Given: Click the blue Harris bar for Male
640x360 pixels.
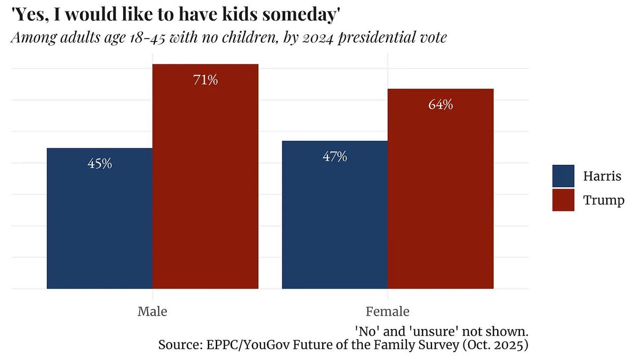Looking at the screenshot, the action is click(x=100, y=218).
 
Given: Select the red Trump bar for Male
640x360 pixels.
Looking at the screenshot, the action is click(x=205, y=177).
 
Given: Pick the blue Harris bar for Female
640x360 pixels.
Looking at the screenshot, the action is click(x=335, y=214).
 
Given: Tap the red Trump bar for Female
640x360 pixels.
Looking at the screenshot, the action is click(x=441, y=189).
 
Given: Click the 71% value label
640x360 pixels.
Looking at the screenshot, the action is click(x=205, y=79).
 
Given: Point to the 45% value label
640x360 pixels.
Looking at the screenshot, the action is click(x=100, y=164).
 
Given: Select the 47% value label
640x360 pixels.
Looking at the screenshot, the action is click(x=335, y=157).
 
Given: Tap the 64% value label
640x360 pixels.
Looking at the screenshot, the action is click(x=441, y=105).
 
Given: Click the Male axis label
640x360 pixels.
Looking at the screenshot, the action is click(x=153, y=311).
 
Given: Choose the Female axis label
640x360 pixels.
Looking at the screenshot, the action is click(x=387, y=311).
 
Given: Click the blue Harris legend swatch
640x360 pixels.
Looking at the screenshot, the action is click(x=563, y=176).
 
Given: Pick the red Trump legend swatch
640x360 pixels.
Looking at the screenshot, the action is click(x=563, y=200).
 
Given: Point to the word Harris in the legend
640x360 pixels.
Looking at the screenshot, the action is click(x=602, y=176).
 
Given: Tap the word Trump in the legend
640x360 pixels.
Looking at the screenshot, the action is click(x=604, y=201).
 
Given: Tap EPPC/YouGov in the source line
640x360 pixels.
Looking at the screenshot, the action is click(x=249, y=345).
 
